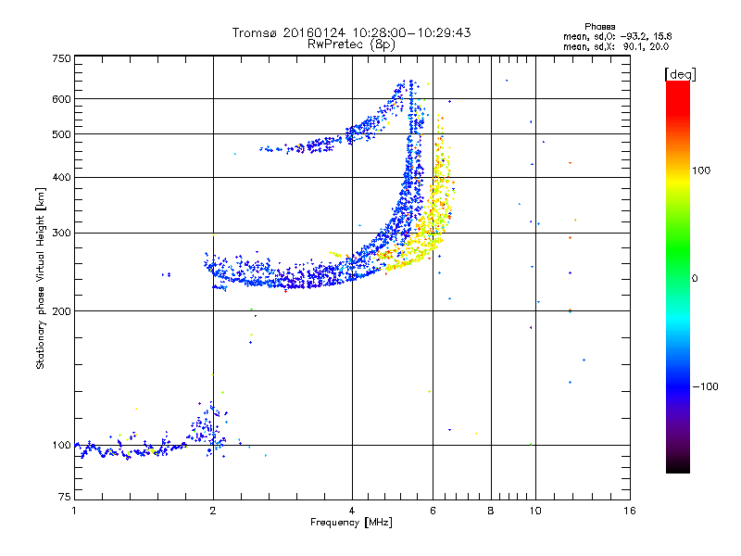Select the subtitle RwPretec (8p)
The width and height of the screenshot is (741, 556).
352,44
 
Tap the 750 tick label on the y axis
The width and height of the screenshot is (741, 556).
61,58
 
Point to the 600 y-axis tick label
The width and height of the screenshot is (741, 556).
61,99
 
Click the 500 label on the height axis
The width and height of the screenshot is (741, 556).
61,134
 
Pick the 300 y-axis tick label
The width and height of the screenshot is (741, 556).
61,234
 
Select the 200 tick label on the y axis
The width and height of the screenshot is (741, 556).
61,311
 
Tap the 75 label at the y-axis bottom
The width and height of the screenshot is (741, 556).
65,497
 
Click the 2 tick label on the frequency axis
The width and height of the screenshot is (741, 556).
213,511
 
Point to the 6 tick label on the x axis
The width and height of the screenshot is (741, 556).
433,511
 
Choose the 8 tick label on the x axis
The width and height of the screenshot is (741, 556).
491,511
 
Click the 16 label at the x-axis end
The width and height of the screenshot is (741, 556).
630,511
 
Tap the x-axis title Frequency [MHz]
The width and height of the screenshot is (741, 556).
352,523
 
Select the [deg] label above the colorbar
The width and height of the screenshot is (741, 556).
680,74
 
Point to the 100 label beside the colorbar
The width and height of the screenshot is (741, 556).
701,171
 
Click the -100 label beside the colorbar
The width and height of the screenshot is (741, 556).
706,386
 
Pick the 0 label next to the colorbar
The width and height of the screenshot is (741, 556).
695,279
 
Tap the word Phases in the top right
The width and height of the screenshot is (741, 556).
599,27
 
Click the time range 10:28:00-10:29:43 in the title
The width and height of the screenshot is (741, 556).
411,32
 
